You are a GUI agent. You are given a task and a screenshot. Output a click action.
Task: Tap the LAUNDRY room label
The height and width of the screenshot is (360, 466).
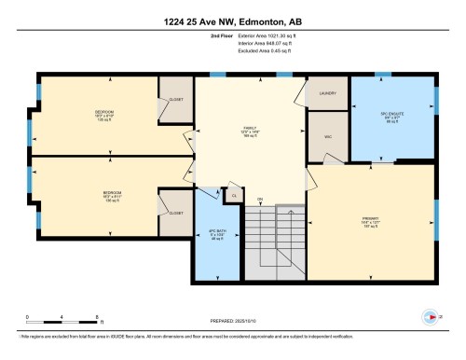(326, 93)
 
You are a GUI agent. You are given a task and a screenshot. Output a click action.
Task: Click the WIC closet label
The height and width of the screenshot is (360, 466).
(326, 136)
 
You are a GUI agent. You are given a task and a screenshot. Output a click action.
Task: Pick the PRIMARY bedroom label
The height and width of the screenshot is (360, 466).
(371, 221)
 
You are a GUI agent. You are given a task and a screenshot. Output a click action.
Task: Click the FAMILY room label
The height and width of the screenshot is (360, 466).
(250, 131)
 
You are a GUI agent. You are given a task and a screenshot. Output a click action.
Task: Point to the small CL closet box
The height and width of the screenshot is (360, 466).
(236, 197)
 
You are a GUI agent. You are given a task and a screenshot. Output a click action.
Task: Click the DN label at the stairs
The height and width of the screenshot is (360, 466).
(261, 200)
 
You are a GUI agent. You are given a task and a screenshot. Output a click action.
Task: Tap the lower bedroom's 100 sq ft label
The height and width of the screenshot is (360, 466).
(112, 201)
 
